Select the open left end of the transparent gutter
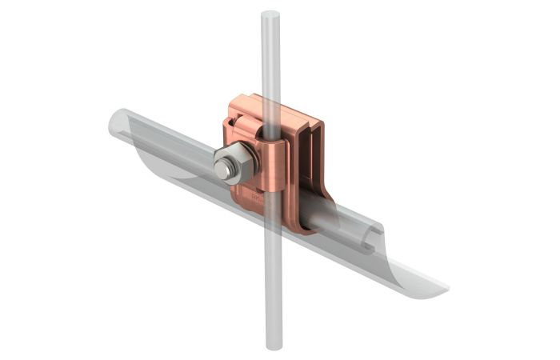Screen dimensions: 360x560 pyautogui.click(x=116, y=124)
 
